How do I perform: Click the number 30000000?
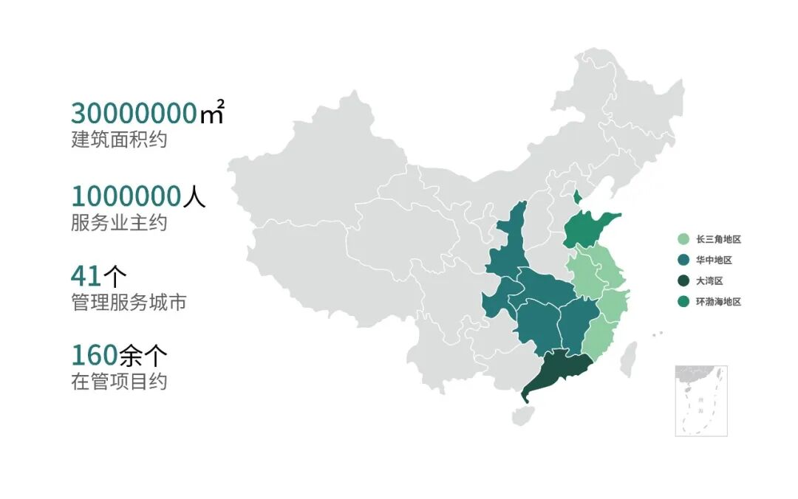[x=133, y=114]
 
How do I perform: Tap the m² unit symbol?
[x=211, y=114]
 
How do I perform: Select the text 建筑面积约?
[x=119, y=139]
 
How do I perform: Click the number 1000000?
[x=126, y=196]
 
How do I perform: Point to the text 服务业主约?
[x=119, y=222]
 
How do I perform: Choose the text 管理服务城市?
[x=129, y=302]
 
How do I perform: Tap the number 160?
[x=94, y=355]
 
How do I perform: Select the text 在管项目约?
[x=119, y=382]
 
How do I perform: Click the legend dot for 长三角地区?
[x=683, y=239]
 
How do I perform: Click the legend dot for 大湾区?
[x=683, y=281]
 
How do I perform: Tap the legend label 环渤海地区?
[x=717, y=301]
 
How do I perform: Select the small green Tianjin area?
[x=578, y=196]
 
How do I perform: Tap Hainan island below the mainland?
[x=522, y=416]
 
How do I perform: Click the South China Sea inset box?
[x=700, y=400]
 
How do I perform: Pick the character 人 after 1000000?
[x=194, y=196]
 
